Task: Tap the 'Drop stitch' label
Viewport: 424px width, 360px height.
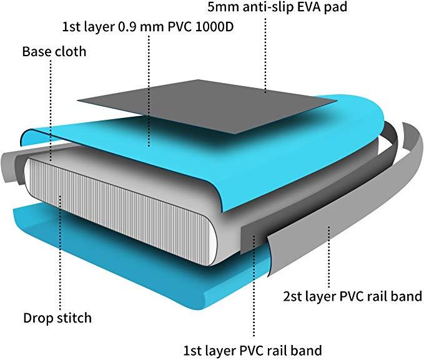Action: [57, 318]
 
